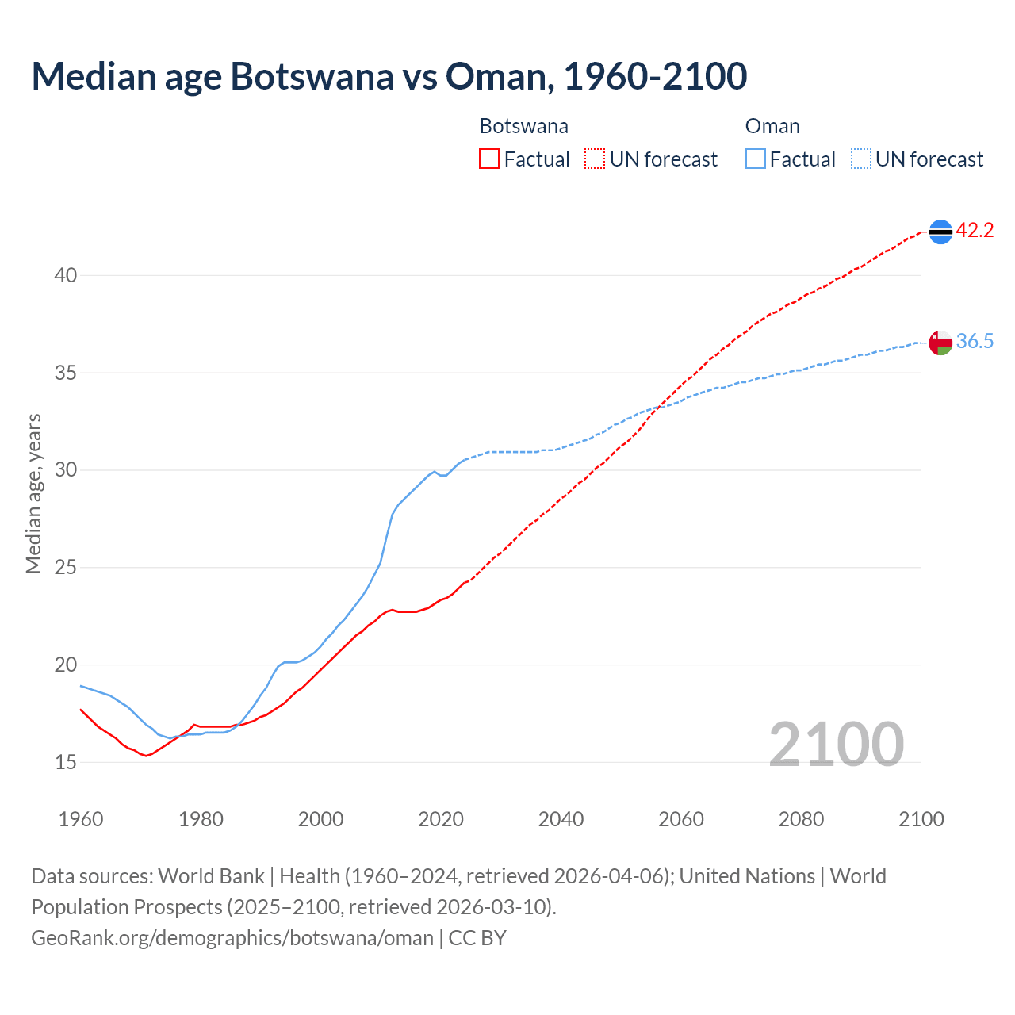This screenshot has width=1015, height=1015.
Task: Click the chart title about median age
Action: pos(389,76)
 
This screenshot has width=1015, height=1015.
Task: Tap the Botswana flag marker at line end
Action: pos(940,232)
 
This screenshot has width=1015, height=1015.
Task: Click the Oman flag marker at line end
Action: pos(940,343)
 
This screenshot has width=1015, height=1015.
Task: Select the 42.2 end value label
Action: pos(975,231)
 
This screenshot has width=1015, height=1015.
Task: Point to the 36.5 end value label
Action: pos(975,342)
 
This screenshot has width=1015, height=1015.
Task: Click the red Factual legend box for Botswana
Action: pos(489,159)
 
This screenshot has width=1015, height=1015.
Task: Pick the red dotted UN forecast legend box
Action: pos(595,159)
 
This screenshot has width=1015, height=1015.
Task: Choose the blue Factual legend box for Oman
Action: pos(756,159)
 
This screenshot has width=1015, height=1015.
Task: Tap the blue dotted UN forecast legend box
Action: pos(860,159)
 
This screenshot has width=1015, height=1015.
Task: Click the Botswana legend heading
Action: pos(523,127)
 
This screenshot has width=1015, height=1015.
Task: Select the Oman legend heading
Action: pos(772,127)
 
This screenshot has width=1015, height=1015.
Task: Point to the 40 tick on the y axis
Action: pos(66,276)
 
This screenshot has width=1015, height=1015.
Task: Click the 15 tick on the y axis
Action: pos(66,763)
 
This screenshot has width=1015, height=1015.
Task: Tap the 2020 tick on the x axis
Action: pos(441,819)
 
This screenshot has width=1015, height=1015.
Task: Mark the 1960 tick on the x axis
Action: pos(81,819)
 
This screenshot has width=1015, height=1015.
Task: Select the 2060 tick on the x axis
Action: pos(681,819)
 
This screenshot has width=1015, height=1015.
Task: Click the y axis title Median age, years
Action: pos(33,493)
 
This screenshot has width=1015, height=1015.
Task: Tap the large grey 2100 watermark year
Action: pos(836,744)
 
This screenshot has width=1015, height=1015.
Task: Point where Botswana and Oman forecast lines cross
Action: pos(657,408)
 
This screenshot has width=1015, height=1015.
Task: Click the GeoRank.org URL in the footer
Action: pos(232,938)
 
